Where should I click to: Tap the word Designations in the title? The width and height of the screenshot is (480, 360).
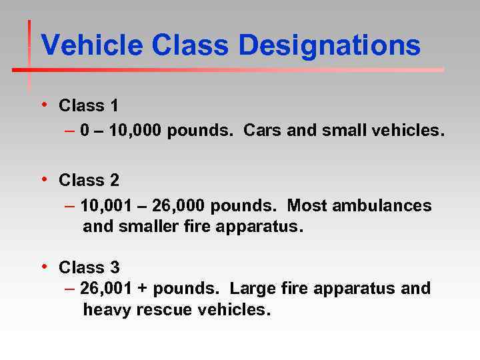pos(329,47)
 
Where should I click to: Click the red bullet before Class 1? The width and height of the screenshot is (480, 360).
pos(43,105)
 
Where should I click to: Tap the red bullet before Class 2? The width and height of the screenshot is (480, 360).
pos(43,179)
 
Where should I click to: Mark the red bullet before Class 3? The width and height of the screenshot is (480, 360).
pos(43,267)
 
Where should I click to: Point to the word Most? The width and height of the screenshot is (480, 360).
pos(306,206)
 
